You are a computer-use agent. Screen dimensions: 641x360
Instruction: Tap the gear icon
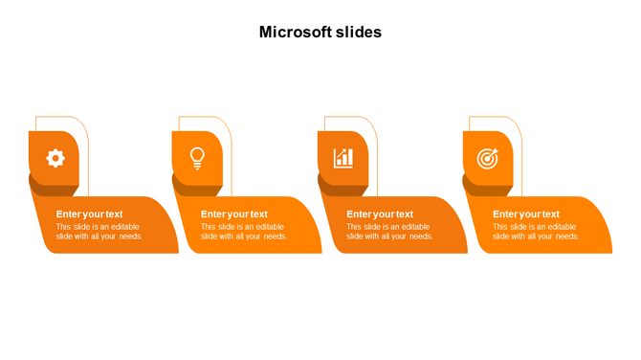point(55,158)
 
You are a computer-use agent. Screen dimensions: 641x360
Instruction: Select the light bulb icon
point(197,157)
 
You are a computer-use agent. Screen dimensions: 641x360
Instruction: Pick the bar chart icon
point(343,158)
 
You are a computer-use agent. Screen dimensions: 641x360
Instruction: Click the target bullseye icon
point(487,158)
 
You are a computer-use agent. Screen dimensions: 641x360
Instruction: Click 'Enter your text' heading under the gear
point(89,214)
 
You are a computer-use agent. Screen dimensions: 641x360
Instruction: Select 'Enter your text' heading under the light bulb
point(234,214)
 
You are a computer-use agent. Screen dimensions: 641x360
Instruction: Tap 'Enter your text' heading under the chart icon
point(380,214)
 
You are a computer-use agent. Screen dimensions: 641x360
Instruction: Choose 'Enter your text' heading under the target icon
point(526,214)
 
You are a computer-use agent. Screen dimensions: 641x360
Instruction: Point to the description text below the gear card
point(99,232)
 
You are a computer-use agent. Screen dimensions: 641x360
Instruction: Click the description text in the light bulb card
point(244,232)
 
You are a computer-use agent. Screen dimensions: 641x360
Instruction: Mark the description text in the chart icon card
point(389,232)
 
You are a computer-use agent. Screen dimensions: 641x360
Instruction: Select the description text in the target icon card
point(536,232)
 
